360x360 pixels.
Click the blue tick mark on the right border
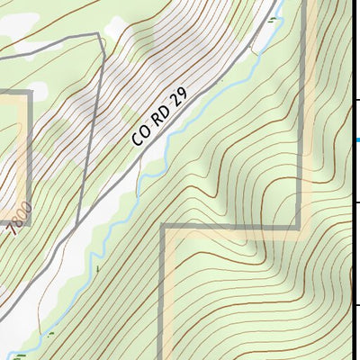[357, 139]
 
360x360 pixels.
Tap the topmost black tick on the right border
[357, 99]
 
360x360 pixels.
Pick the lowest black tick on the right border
[357, 306]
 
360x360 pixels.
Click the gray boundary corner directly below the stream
[164, 227]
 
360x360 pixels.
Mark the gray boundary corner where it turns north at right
[300, 227]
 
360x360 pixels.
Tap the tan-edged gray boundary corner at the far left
[30, 93]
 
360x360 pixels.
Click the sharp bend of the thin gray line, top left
[98, 36]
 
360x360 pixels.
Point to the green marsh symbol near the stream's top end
[273, 17]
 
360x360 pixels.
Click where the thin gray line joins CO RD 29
[77, 225]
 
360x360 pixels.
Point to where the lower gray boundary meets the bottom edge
[165, 358]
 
